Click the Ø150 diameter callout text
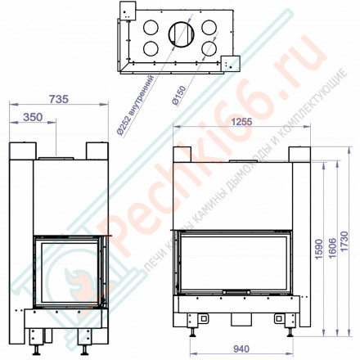point(176,97)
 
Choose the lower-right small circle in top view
point(210,48)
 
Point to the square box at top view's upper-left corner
point(128,11)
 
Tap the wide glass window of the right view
point(237,263)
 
